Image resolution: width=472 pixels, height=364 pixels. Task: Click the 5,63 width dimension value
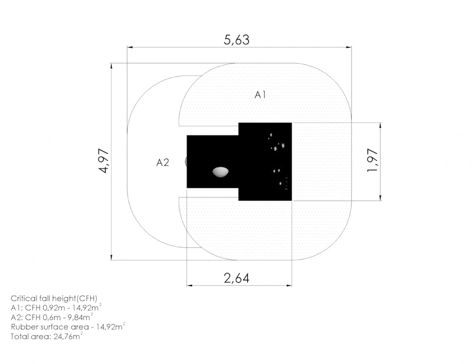click(x=237, y=39)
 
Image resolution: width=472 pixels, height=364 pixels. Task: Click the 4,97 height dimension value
click(x=104, y=161)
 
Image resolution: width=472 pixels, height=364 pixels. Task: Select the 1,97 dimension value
click(x=372, y=161)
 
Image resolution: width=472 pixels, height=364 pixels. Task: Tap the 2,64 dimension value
click(x=237, y=278)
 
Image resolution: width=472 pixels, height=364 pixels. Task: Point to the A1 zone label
click(x=260, y=95)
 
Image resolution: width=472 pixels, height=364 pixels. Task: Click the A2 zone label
click(x=163, y=163)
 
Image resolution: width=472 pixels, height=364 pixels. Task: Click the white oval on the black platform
click(x=220, y=171)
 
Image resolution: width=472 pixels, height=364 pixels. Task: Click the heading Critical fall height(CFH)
click(x=54, y=299)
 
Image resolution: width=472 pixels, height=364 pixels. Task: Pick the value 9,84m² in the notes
click(x=80, y=317)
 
